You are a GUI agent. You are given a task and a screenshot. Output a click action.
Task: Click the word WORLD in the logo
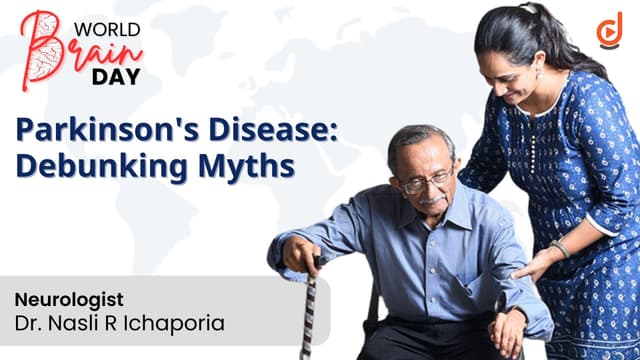coord(107,30)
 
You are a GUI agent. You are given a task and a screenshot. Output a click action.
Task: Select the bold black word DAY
coord(116,77)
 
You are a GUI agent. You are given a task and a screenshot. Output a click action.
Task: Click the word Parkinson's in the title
coord(107,130)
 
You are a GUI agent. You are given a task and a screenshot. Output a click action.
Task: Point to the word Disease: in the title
coord(273,129)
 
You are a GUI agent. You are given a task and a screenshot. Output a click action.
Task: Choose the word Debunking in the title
coord(102,167)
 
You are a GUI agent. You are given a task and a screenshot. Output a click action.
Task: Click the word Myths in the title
coord(246,167)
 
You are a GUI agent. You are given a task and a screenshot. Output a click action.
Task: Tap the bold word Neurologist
coord(69,300)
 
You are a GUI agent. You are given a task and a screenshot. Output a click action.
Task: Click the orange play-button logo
coord(610,30)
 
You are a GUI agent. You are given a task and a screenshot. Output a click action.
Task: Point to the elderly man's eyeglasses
coord(428,182)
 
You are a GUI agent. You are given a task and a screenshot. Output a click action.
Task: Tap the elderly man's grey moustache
coord(432,200)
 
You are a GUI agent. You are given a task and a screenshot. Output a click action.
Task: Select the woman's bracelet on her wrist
coord(560,249)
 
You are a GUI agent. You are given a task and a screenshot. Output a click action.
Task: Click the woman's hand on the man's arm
coord(532,265)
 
